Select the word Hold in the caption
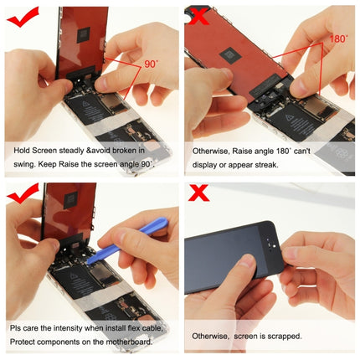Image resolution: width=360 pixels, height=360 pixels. pyautogui.click(x=23, y=151)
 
